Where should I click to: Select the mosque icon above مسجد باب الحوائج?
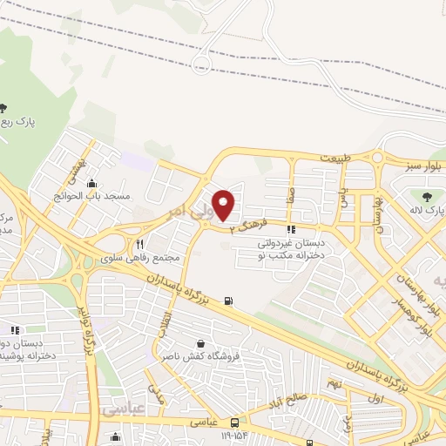tap(91, 182)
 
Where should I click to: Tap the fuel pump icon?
tap(228, 301)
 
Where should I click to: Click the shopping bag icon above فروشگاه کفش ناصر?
tap(202, 343)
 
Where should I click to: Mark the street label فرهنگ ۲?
tap(245, 226)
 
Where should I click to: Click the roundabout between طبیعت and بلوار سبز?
tap(378, 158)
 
